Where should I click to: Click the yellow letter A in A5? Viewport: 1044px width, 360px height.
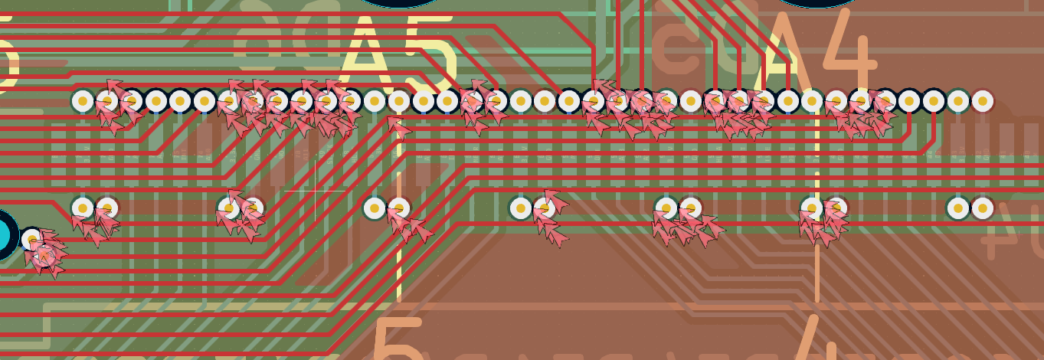(x=365, y=54)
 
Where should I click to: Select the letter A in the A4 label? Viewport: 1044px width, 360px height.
(x=774, y=54)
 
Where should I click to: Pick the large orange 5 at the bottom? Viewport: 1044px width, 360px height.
(x=398, y=341)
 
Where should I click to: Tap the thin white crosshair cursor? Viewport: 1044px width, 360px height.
(x=315, y=190)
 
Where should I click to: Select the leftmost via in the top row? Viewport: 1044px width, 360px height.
(x=83, y=100)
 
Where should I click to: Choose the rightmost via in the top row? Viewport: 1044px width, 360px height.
(x=982, y=100)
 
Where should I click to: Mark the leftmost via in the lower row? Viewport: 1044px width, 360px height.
(x=83, y=208)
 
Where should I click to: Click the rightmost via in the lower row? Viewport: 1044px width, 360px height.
(x=982, y=208)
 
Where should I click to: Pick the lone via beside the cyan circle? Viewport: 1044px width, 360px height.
(x=32, y=239)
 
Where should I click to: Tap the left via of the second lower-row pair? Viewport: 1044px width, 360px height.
(x=228, y=208)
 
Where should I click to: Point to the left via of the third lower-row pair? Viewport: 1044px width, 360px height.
(x=375, y=208)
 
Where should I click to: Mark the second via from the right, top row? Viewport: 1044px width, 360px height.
(x=958, y=100)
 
